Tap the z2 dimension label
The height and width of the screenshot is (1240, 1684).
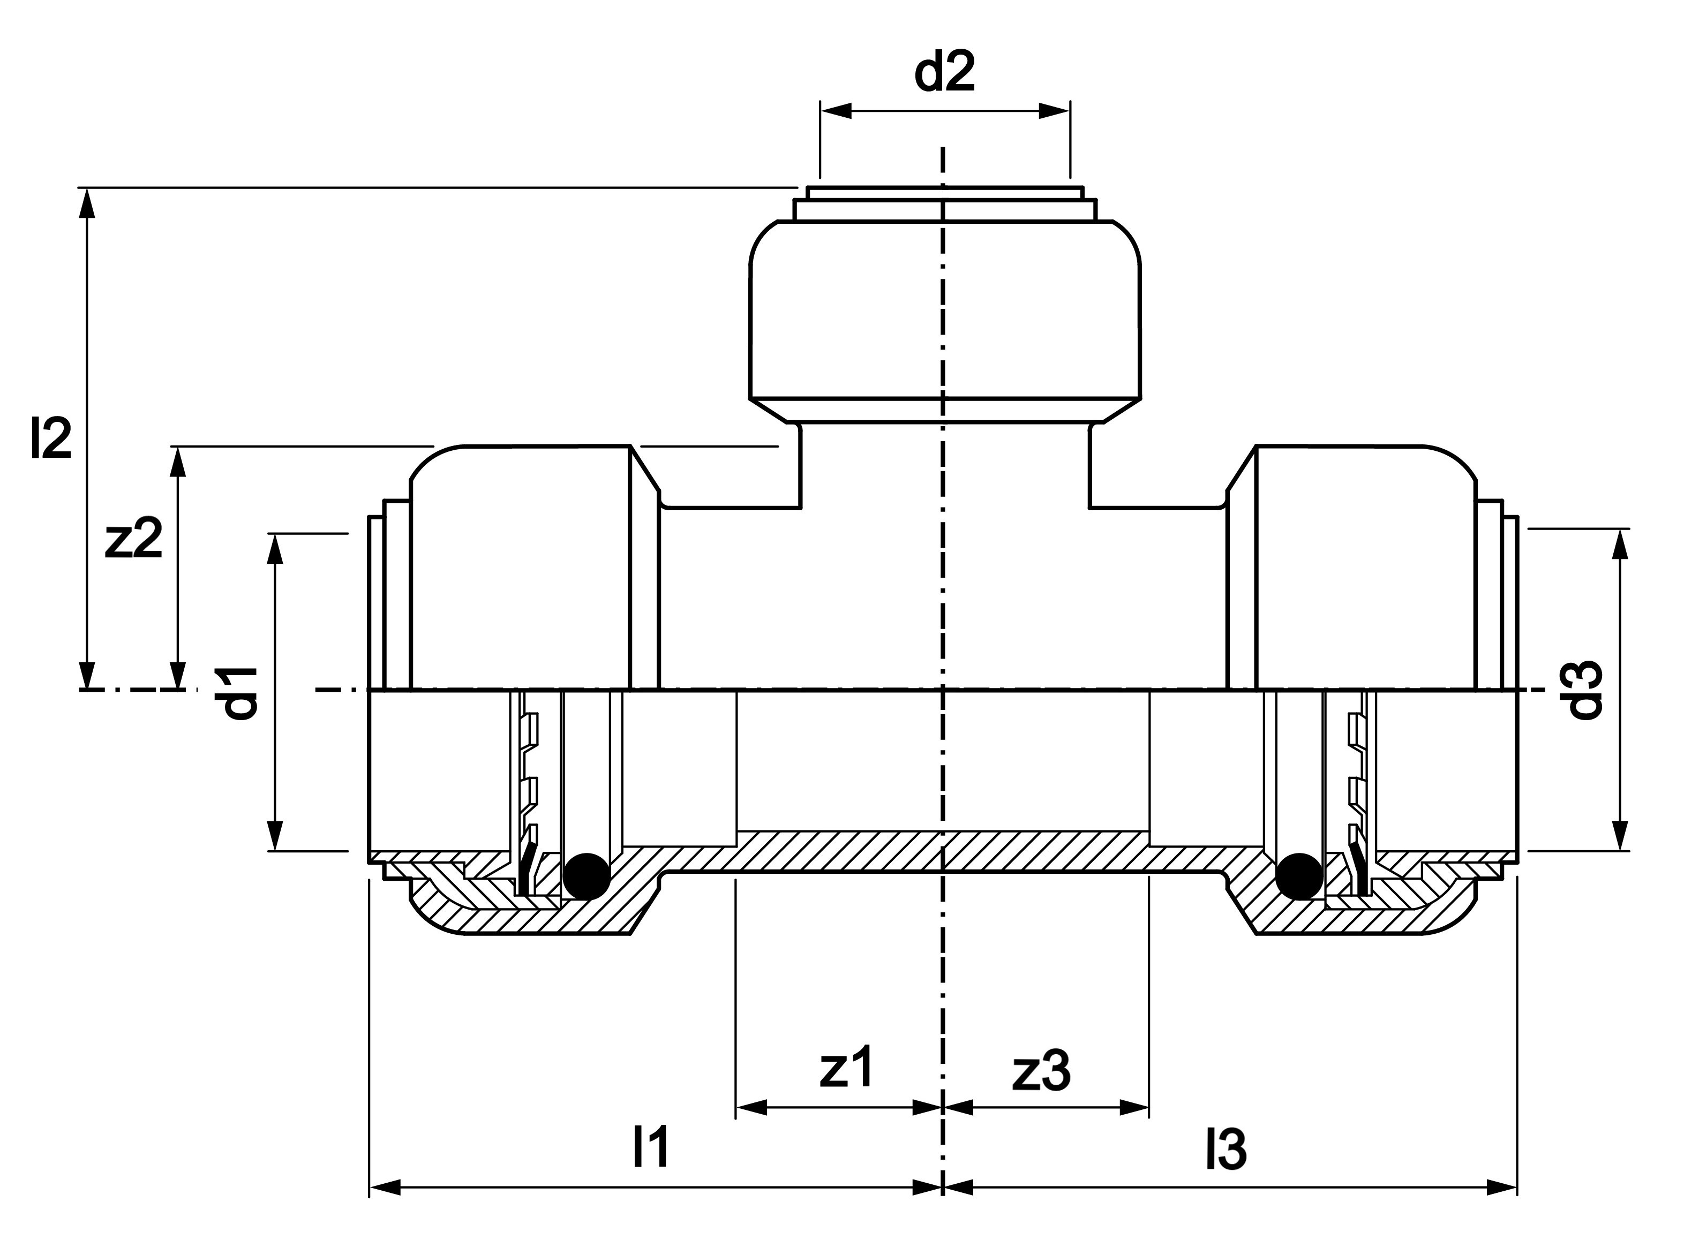134,540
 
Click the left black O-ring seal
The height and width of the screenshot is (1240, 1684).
587,876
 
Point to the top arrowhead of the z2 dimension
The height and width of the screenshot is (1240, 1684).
178,462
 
